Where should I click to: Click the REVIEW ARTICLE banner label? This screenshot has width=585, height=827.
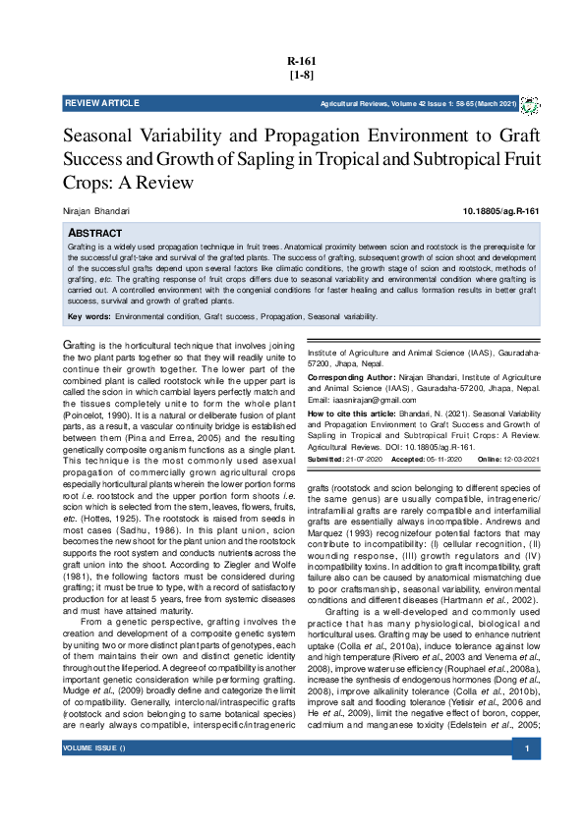click(x=102, y=103)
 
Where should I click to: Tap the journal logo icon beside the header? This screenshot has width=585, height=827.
click(x=530, y=103)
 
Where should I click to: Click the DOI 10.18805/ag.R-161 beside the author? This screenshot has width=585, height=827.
click(x=500, y=211)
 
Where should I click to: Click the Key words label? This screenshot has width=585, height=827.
click(x=88, y=317)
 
